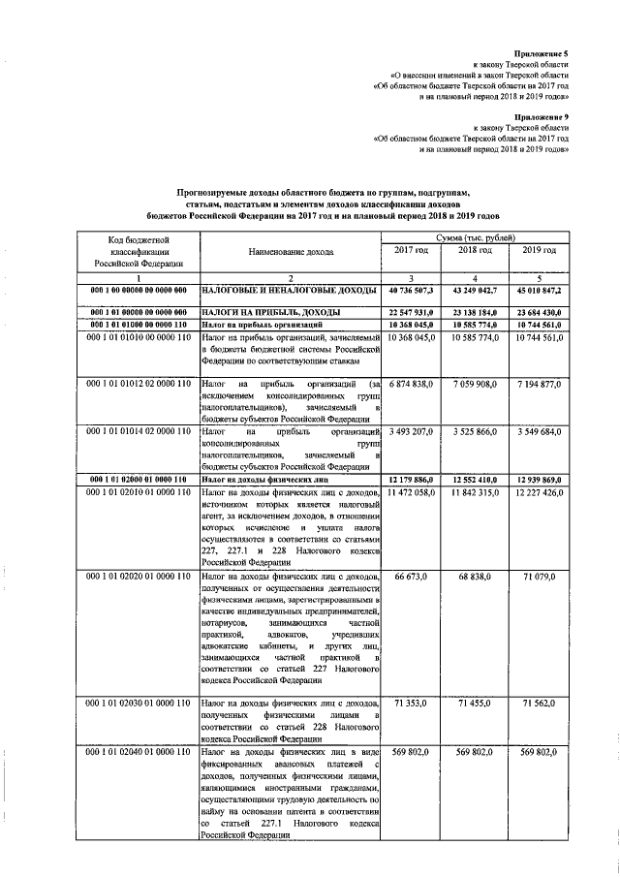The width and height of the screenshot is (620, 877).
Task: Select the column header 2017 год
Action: [x=411, y=251]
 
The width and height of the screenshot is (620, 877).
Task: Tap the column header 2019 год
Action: [x=539, y=251]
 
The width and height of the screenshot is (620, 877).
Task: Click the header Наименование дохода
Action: [x=290, y=251]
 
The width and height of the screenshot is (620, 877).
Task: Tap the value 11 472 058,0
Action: [x=412, y=493]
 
